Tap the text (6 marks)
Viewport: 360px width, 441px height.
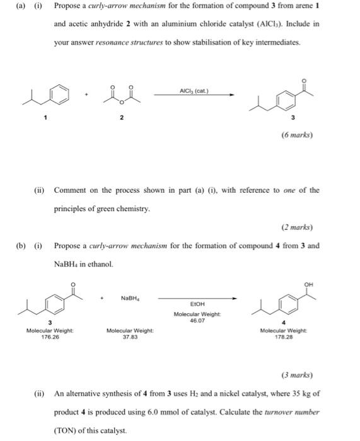[298, 134]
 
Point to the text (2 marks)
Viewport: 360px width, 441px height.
[298, 227]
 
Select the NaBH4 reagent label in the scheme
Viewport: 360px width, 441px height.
[131, 297]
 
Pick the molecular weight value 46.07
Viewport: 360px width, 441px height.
[196, 321]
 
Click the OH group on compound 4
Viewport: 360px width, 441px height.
[308, 283]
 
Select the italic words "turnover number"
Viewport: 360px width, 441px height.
[294, 412]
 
